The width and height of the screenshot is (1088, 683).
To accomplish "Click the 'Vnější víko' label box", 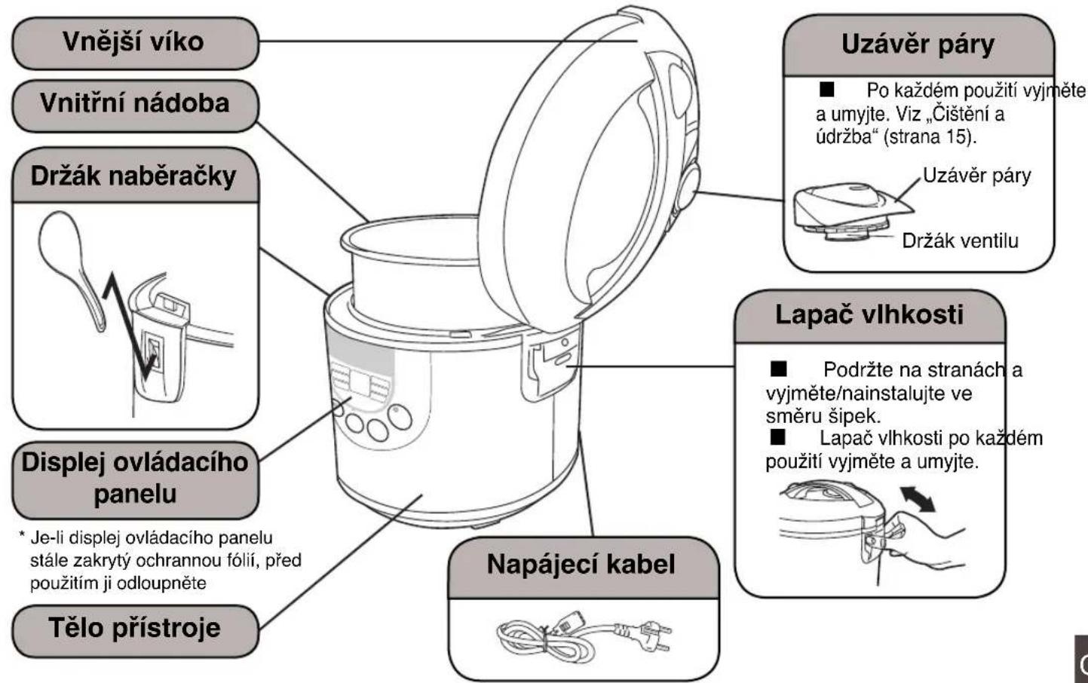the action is click(x=135, y=43).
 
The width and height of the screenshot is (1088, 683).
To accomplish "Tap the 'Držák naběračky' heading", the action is click(x=135, y=176).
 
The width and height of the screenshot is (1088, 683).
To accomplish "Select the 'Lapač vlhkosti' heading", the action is click(x=869, y=316).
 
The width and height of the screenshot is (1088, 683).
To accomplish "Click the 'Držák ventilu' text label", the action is click(x=961, y=241).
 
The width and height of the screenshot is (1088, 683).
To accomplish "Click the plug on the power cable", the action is click(x=656, y=636).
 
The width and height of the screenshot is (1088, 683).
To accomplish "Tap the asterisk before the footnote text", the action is click(x=22, y=536).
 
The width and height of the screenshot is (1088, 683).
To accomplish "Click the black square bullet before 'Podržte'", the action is click(x=778, y=369).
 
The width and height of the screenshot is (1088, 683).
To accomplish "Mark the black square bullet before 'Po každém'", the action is click(x=826, y=90).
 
